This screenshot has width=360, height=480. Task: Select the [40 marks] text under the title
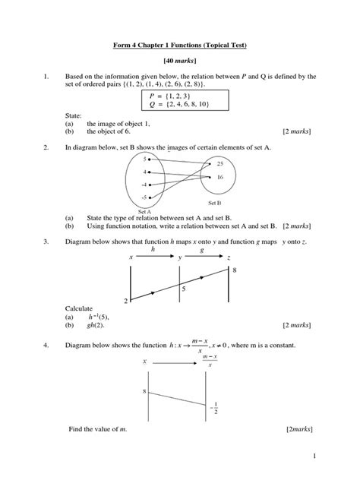(x=180, y=62)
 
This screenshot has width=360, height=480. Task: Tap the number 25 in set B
(x=219, y=164)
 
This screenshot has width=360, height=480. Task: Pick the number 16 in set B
(x=219, y=177)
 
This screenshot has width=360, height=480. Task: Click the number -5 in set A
(x=144, y=197)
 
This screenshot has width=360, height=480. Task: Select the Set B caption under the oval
(x=214, y=204)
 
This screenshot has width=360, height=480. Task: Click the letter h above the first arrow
(x=153, y=249)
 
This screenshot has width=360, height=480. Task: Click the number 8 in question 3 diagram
(x=234, y=270)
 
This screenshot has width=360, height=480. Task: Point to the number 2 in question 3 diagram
(x=125, y=301)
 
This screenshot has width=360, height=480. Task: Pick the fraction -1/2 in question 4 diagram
(x=214, y=409)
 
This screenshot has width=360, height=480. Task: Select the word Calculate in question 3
(x=80, y=308)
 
